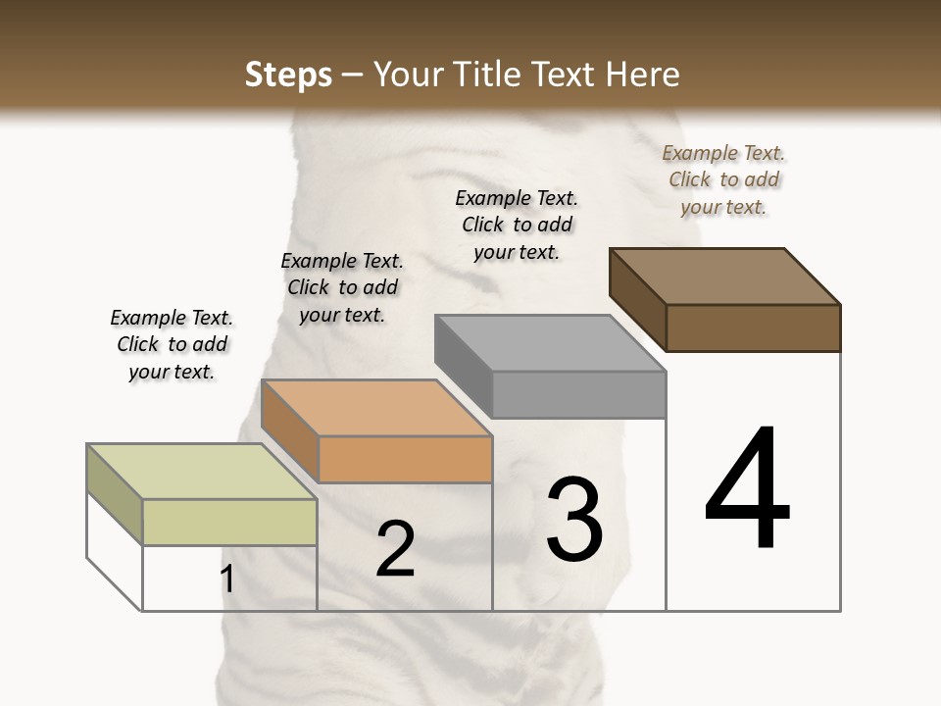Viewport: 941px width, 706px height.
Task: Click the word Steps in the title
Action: point(287,75)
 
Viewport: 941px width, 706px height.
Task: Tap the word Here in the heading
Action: point(643,75)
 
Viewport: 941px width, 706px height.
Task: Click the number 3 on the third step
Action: point(574,520)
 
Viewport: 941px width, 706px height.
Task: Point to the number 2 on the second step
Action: point(395,549)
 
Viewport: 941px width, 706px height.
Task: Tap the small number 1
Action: point(227,579)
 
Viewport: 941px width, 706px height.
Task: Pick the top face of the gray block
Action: point(550,342)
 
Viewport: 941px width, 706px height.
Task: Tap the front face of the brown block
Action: point(753,328)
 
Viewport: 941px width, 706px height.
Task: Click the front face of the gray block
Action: point(578,394)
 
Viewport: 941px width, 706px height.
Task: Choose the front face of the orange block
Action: point(405,459)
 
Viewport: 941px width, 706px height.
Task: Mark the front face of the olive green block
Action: point(229,522)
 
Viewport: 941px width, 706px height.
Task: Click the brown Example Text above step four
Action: point(723,179)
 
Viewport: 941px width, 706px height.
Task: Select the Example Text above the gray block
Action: point(517,225)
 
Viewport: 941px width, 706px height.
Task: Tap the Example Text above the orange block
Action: point(342,287)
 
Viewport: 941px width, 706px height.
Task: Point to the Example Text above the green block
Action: point(172,344)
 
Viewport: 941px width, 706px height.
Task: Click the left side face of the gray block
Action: point(464,365)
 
